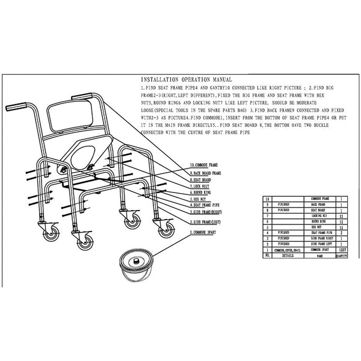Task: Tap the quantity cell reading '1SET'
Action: click(x=341, y=249)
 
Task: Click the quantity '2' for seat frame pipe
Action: click(x=341, y=232)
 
